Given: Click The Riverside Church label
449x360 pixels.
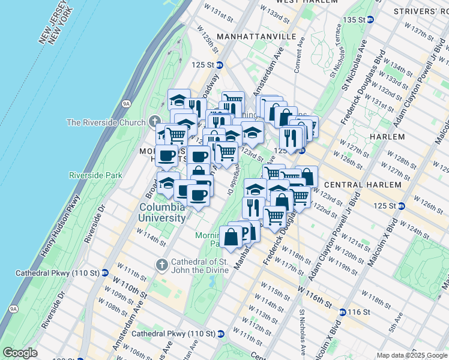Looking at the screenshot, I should [x=106, y=122].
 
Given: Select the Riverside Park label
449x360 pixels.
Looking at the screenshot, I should [x=95, y=175].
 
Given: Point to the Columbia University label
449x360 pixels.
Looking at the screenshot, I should [x=162, y=212].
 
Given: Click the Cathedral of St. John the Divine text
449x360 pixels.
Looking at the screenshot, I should [x=200, y=266].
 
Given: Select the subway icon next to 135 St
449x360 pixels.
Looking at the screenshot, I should [x=370, y=20].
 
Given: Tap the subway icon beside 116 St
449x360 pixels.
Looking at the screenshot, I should [x=342, y=312].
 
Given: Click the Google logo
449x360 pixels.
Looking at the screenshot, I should [x=20, y=353].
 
